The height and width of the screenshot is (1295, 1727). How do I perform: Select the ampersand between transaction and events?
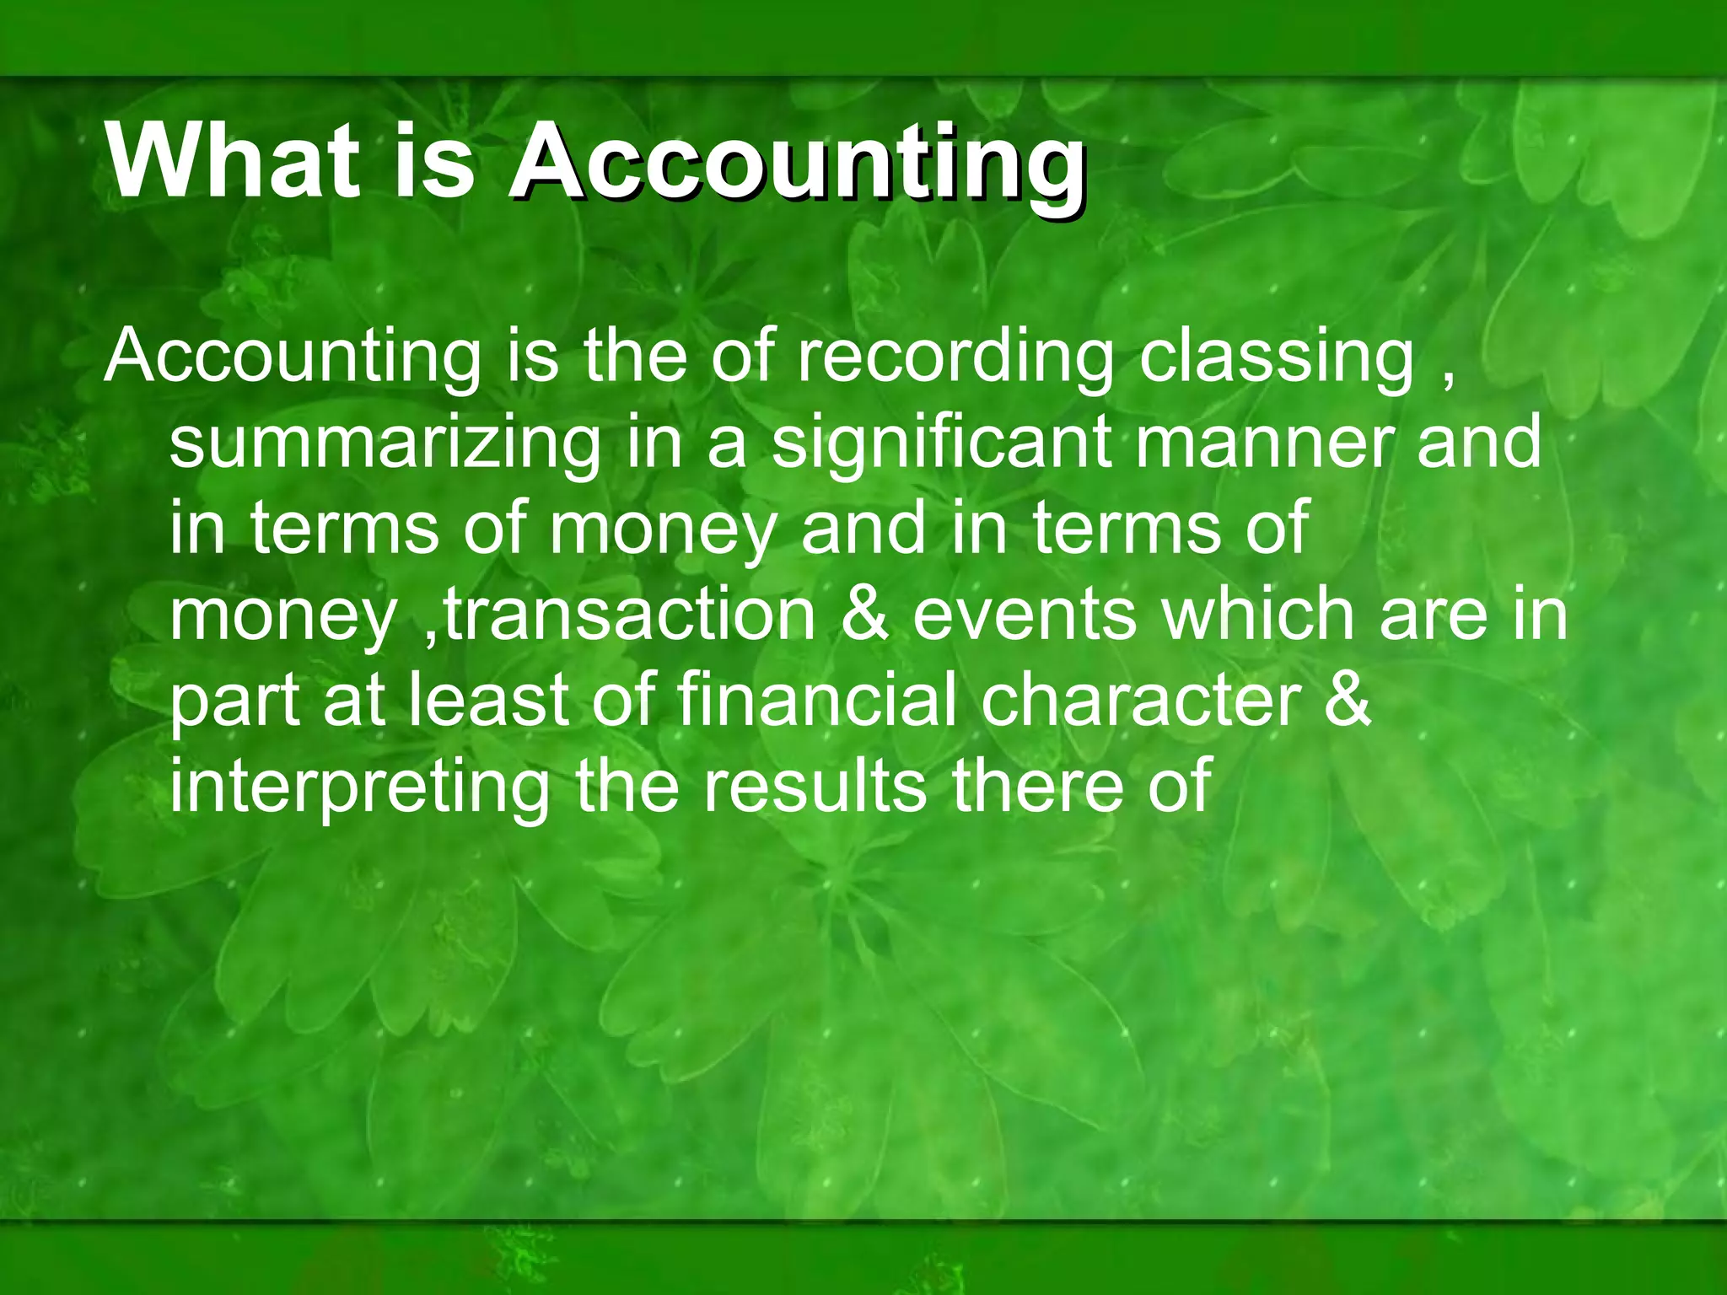pyautogui.click(x=865, y=614)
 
